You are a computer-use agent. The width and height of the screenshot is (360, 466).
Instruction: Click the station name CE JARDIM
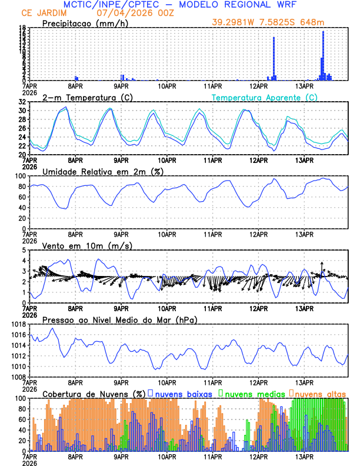(43, 12)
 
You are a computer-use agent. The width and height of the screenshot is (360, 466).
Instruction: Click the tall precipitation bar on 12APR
(274, 59)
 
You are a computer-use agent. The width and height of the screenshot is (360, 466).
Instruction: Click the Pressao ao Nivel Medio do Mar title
(119, 319)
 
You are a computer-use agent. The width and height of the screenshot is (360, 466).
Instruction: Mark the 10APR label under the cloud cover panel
(166, 457)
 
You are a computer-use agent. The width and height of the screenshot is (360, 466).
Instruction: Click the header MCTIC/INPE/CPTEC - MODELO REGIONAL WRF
(179, 4)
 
